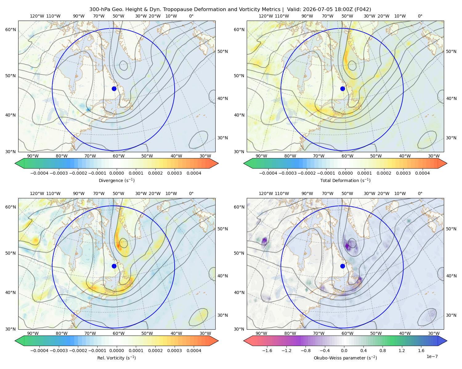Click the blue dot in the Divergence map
click(x=114, y=89)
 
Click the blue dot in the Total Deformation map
click(x=342, y=89)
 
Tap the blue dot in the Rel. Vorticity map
click(x=114, y=266)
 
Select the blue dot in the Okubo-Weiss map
click(x=342, y=266)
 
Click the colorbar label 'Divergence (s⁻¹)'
click(x=116, y=180)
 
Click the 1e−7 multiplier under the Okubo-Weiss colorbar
click(x=432, y=356)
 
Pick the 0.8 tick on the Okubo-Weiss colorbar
click(x=383, y=350)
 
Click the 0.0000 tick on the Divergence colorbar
click(x=116, y=173)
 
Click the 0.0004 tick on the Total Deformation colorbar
click(x=422, y=173)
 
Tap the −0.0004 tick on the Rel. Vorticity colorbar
click(x=39, y=350)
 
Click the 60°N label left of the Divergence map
click(x=10, y=30)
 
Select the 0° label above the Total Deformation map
click(x=420, y=16)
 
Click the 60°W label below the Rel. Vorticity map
click(x=119, y=333)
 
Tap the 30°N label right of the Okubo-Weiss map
click(x=451, y=315)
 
